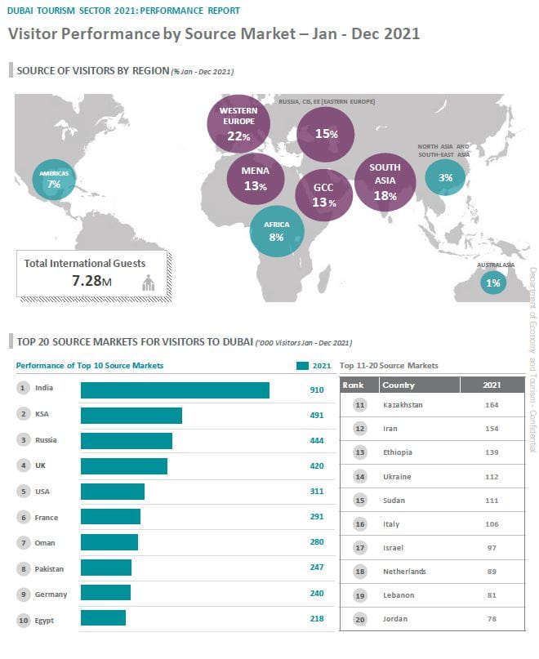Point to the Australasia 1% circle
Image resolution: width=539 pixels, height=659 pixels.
[x=493, y=283]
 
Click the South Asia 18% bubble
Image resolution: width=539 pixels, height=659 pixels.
[x=385, y=182]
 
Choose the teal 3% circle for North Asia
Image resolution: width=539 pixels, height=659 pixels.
[x=445, y=177]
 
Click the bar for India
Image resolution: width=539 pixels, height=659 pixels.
[x=175, y=390]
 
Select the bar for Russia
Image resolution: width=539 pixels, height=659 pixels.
[x=127, y=441]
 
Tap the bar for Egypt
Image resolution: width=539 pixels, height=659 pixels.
[x=103, y=618]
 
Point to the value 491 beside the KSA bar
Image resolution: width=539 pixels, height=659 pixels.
[x=317, y=416]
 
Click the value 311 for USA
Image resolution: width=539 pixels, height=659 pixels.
[x=317, y=492]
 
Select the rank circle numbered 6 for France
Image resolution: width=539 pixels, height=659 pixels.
[x=23, y=518]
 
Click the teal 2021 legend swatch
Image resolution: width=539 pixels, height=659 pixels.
[x=302, y=366]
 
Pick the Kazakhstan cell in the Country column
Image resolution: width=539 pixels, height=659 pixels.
[x=402, y=405]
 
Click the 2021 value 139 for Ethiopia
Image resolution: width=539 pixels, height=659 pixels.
[x=491, y=452]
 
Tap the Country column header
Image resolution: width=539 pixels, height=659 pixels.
[x=399, y=385]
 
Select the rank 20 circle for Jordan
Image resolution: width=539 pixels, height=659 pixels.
[x=359, y=619]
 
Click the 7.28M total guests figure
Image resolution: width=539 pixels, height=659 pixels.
[x=91, y=282]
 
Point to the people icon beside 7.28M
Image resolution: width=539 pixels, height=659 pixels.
[x=149, y=283]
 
